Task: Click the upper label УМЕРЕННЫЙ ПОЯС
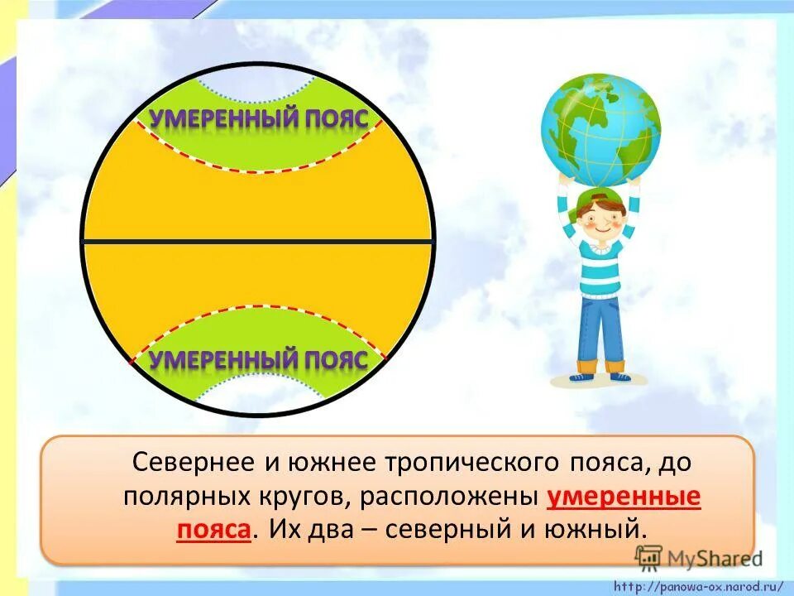click(x=257, y=118)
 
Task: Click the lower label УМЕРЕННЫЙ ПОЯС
click(x=257, y=360)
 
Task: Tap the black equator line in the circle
click(x=257, y=241)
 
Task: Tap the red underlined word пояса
click(x=213, y=528)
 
